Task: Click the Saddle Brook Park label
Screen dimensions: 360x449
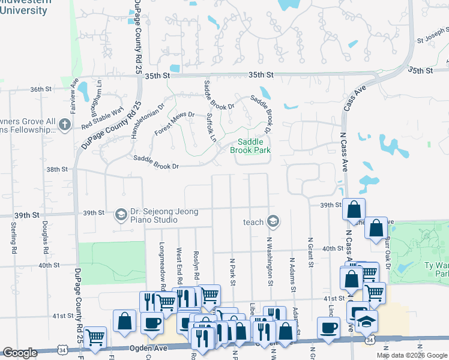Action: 250,146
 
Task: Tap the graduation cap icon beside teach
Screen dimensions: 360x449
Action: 273,222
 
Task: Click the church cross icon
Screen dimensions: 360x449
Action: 65,125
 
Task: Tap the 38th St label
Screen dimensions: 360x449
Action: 58,169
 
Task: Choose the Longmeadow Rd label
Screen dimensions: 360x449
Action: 162,261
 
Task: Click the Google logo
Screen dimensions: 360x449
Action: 20,353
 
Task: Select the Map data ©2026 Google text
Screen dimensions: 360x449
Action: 412,355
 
